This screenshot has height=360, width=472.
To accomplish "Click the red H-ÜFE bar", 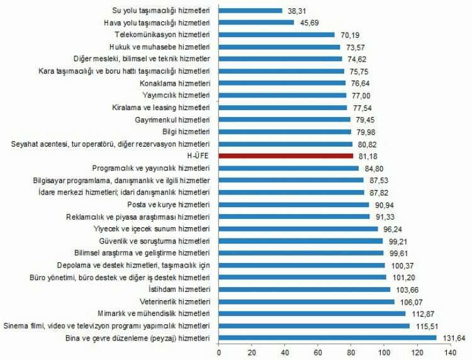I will (x=286, y=155).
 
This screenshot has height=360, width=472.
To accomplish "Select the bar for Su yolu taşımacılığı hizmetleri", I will (x=250, y=11).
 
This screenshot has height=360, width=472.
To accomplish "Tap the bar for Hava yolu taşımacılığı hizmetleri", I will (x=256, y=23).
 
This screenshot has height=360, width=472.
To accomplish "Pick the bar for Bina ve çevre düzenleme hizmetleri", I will (x=327, y=338).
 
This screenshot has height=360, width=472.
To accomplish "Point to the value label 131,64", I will (x=452, y=338).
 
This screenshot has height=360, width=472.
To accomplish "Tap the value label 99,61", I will (x=399, y=253).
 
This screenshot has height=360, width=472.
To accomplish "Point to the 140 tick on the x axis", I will (x=451, y=353).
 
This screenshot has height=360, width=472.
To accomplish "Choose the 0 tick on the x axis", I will (x=218, y=353).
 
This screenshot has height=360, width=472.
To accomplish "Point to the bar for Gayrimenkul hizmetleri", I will (x=284, y=120).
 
